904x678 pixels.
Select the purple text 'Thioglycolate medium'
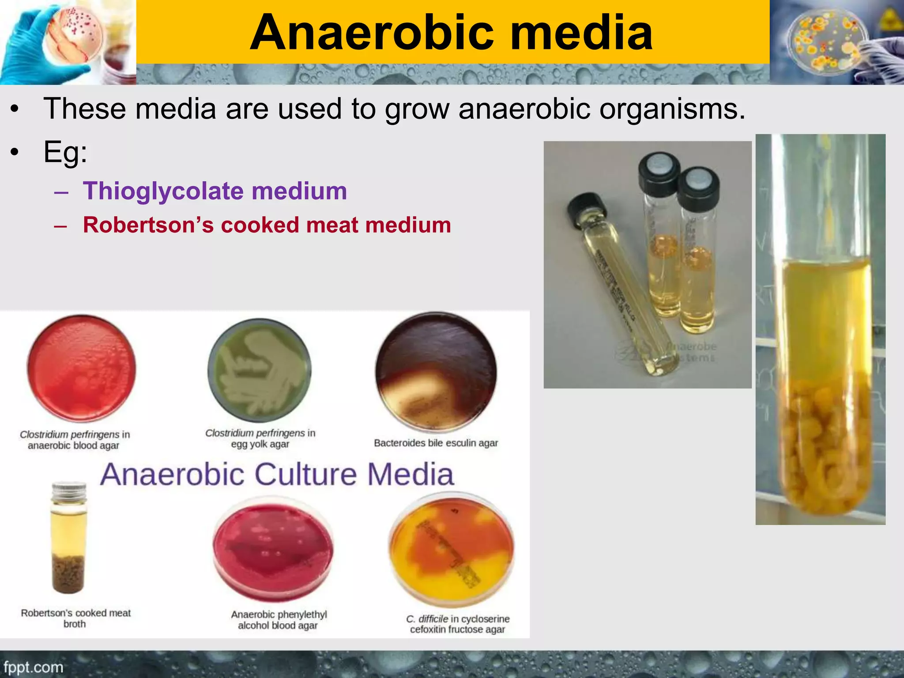tap(215, 191)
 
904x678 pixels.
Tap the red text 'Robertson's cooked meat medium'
tap(267, 225)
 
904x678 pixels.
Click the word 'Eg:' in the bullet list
tap(65, 152)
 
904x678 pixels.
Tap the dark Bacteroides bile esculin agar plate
tap(436, 372)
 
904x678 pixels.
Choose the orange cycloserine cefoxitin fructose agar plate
tap(451, 550)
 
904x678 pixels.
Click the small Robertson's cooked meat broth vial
tap(68, 539)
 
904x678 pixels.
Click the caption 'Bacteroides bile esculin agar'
tap(436, 443)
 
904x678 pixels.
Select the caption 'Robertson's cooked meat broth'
tap(75, 618)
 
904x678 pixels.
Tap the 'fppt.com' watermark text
tap(34, 667)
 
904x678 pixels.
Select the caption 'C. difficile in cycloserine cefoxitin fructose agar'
tap(458, 624)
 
